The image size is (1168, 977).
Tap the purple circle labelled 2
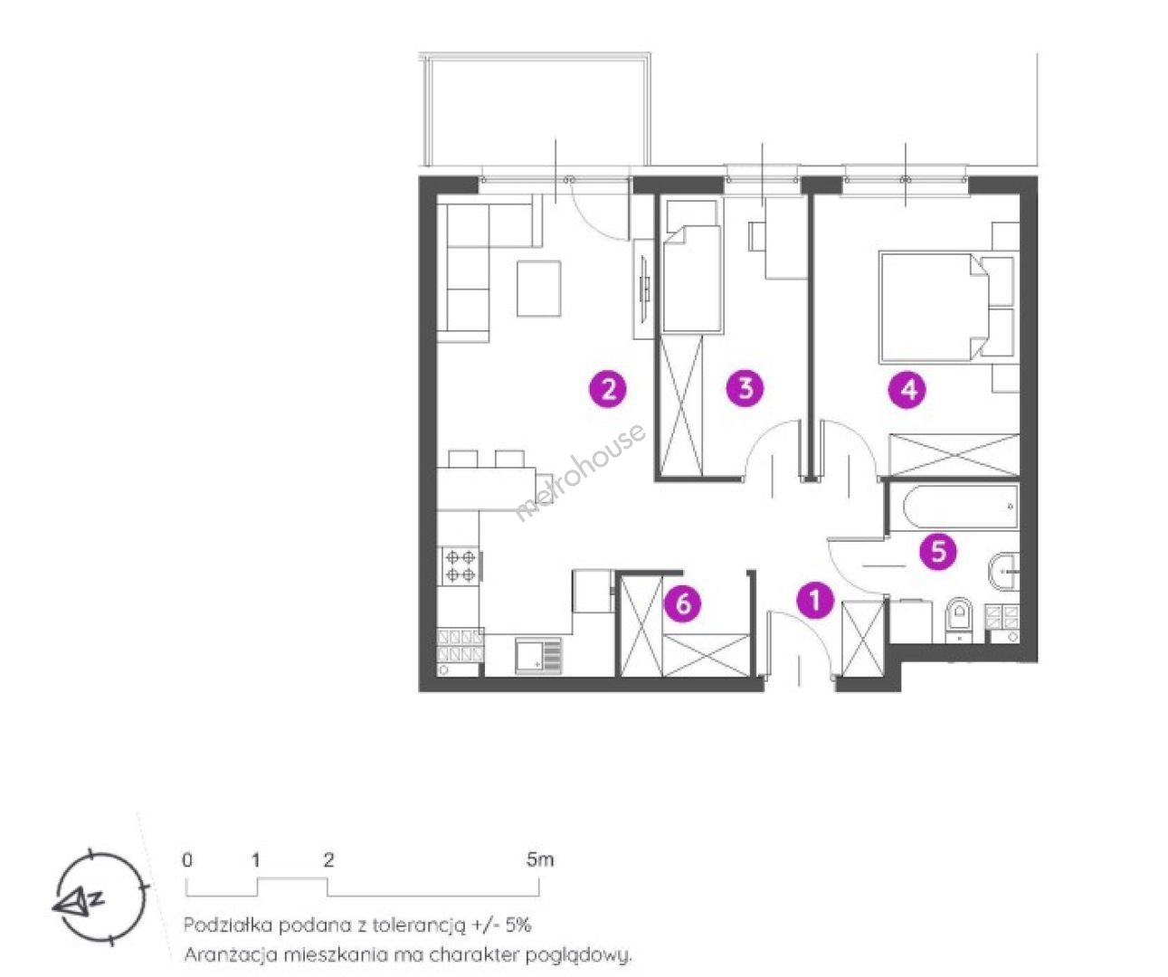[x=608, y=389]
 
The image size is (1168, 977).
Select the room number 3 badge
[x=745, y=387]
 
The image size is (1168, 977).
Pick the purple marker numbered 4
[x=907, y=389]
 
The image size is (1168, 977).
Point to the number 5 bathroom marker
[x=938, y=552]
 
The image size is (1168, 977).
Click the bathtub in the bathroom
[x=960, y=507]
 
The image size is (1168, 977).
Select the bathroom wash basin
[x=1004, y=571]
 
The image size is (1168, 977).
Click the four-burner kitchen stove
[x=461, y=566]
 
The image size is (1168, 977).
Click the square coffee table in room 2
[x=538, y=289]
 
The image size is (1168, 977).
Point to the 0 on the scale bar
[x=187, y=860]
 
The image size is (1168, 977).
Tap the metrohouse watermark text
[x=580, y=472]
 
